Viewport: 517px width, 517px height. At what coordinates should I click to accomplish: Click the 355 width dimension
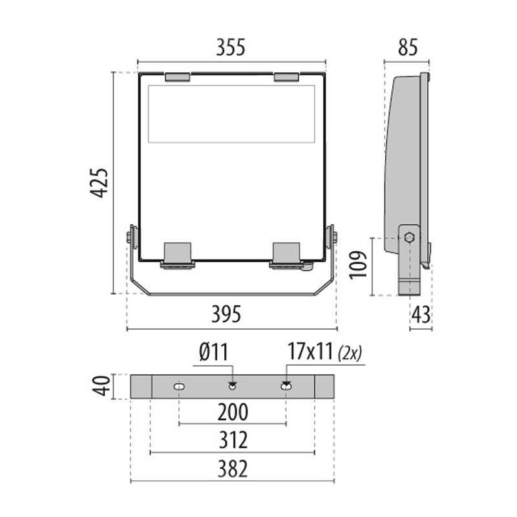pos(231,47)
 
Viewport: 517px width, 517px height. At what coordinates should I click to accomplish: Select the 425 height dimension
pos(100,183)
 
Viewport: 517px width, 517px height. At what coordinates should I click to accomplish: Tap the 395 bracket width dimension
pos(226,314)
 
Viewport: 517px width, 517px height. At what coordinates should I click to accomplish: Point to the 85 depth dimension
pos(408,47)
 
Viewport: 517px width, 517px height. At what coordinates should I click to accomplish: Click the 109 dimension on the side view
pos(359,265)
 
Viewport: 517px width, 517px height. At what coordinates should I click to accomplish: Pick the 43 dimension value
pos(421,314)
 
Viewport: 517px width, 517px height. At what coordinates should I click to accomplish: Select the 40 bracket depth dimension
pos(101,385)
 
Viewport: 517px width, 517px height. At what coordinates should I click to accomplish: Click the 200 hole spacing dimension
pos(233,412)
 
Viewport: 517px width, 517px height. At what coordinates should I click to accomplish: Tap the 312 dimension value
pos(233,440)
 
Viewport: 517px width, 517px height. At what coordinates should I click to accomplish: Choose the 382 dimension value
pos(233,469)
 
